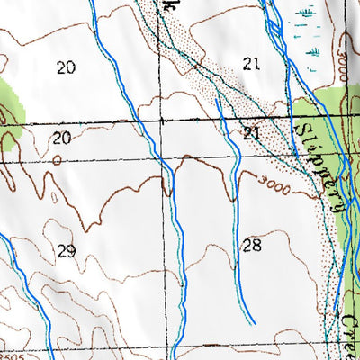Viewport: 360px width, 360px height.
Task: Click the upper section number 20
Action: pos(64,67)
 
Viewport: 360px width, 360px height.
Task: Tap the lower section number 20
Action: pos(61,138)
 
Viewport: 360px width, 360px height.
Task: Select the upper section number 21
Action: pos(251,62)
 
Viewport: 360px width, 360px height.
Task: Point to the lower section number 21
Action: pos(251,133)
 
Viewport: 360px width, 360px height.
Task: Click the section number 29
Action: pos(66,250)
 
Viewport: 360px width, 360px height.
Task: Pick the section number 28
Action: pos(252,245)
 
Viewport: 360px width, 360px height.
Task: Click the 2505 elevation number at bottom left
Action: pos(11,355)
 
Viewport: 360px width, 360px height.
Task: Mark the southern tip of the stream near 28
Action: pos(254,321)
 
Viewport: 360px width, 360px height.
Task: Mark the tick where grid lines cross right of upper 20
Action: pos(161,120)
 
